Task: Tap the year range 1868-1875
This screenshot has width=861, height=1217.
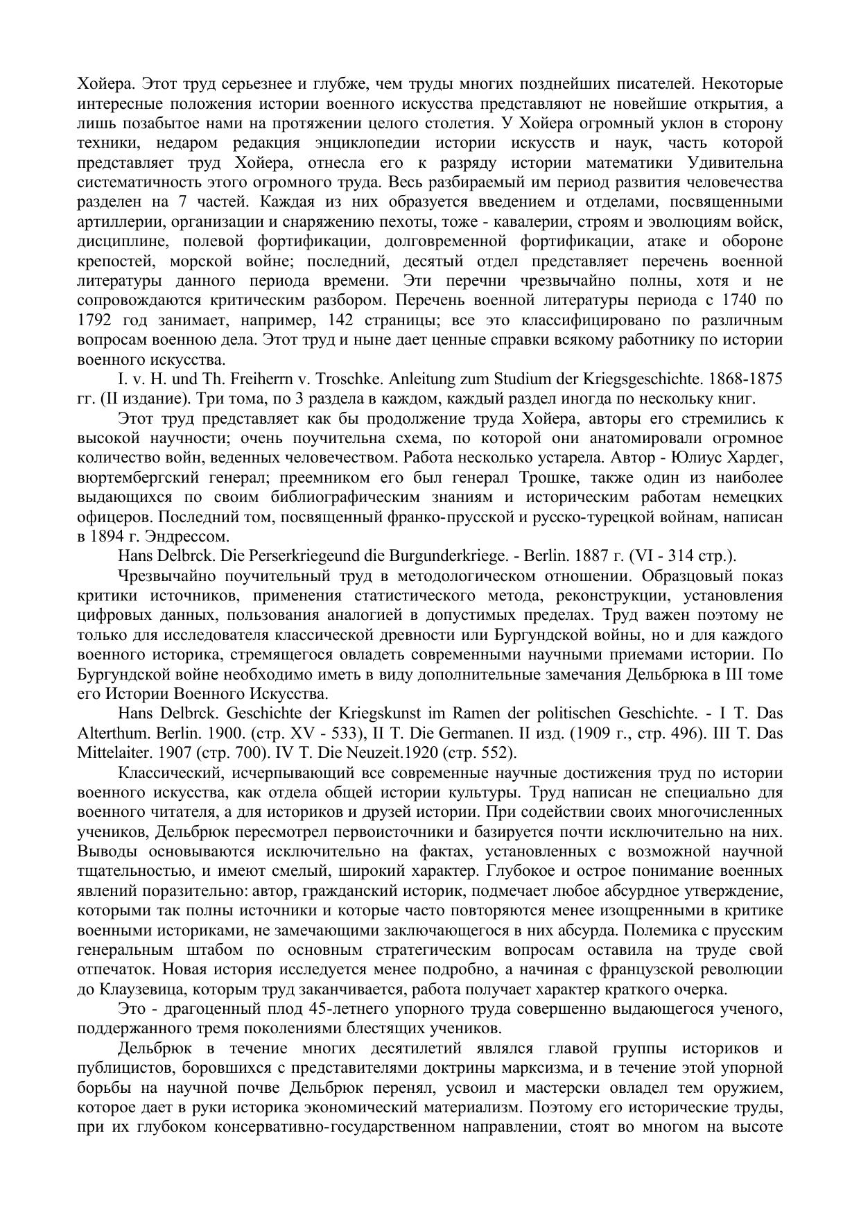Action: [x=745, y=379]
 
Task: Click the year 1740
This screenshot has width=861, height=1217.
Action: [x=738, y=301]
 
